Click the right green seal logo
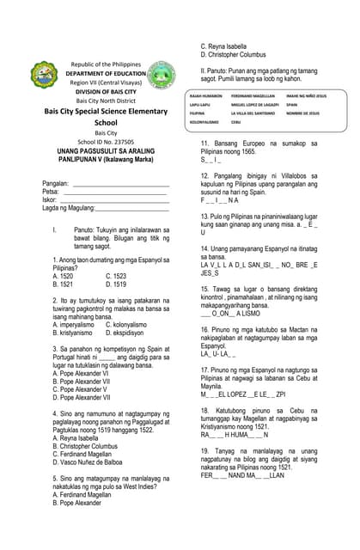[160, 76]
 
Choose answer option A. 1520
[63, 276]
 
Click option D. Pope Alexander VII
[82, 398]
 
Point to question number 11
[205, 143]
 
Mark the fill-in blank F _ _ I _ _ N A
[220, 200]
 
